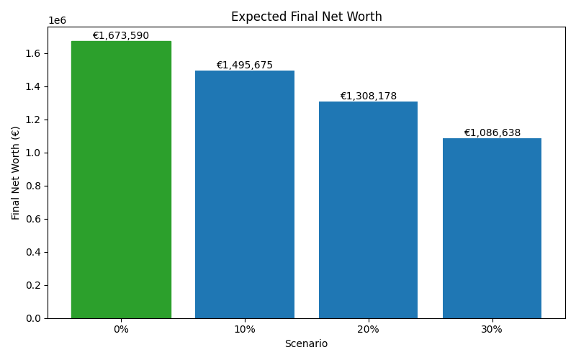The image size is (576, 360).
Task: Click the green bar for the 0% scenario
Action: click(x=121, y=180)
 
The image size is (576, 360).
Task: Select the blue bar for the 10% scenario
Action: click(x=245, y=194)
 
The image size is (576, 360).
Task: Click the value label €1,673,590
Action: click(x=121, y=36)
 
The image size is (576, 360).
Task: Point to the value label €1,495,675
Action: click(x=245, y=66)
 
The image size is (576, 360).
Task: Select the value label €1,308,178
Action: click(x=368, y=96)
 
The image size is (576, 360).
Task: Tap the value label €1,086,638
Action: click(x=492, y=133)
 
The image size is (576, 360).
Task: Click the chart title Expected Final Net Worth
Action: click(x=307, y=17)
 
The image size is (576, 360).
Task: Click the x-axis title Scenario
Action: click(x=306, y=344)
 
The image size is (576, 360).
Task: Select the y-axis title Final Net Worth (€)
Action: click(x=16, y=173)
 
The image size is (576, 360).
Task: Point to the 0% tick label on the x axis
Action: click(x=121, y=329)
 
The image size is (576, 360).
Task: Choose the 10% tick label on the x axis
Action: click(x=245, y=329)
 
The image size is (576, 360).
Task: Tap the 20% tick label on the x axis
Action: click(x=368, y=329)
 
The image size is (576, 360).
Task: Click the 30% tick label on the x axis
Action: click(x=492, y=329)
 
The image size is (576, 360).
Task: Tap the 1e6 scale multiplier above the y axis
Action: click(x=57, y=21)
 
